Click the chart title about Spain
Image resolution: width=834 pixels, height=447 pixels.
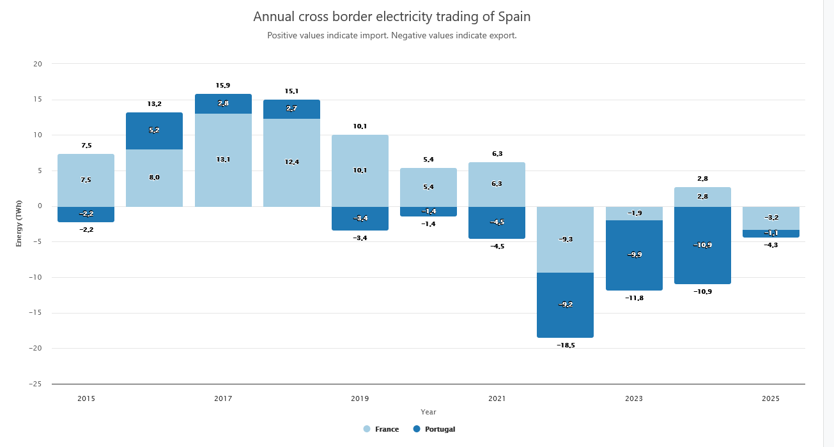click(x=392, y=16)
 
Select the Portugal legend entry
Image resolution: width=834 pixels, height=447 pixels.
click(x=435, y=429)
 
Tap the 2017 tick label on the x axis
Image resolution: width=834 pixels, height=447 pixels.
click(x=223, y=398)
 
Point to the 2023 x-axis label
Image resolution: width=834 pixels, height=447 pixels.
click(x=634, y=398)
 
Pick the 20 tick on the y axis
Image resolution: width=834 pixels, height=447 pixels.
click(x=38, y=64)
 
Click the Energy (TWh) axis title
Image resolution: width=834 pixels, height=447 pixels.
click(x=19, y=223)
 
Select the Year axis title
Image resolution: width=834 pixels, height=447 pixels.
click(x=428, y=412)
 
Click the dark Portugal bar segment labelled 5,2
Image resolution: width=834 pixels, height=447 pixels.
click(x=154, y=131)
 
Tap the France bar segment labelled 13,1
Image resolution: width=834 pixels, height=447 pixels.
click(x=223, y=160)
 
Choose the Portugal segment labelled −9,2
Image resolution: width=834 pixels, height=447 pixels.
click(x=565, y=305)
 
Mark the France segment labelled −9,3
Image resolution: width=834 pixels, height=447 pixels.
click(x=565, y=239)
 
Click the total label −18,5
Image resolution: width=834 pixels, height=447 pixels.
click(x=565, y=345)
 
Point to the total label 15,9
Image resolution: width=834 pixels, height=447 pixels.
click(x=223, y=85)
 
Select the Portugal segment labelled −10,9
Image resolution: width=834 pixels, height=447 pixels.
click(x=702, y=245)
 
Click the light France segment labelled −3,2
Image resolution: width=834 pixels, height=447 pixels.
click(x=771, y=218)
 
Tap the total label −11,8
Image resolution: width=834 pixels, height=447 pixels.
click(x=634, y=298)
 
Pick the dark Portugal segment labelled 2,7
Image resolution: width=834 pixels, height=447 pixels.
click(x=291, y=109)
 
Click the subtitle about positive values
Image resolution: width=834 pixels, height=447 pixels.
click(x=392, y=36)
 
